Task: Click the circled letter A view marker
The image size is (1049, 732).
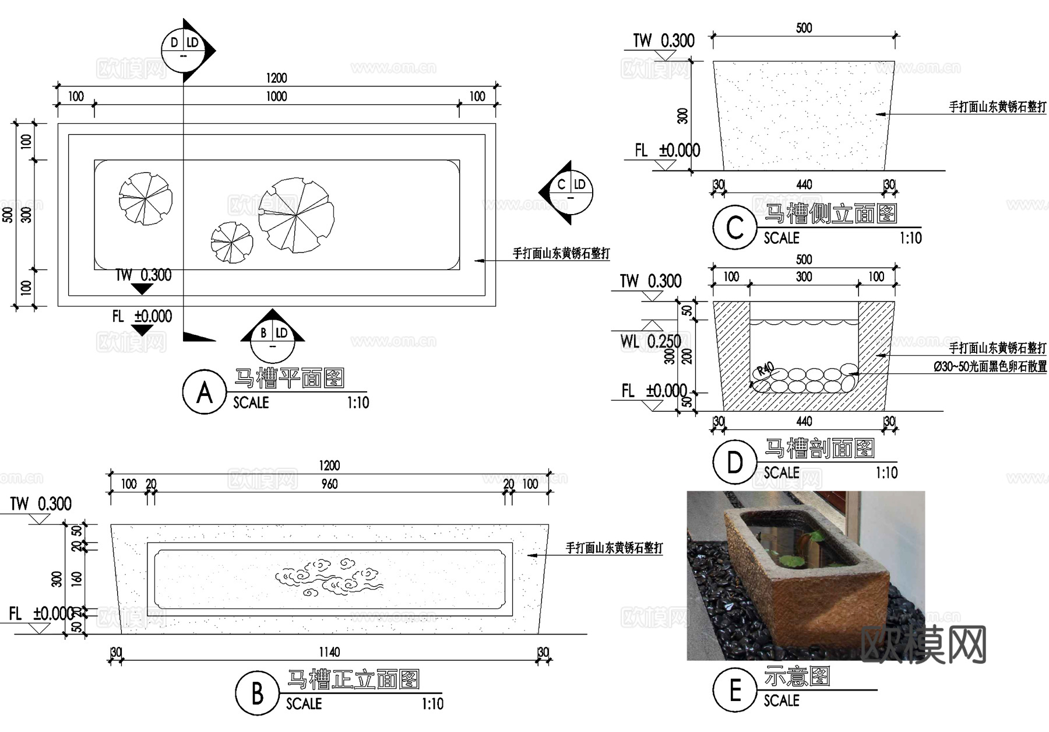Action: click(204, 392)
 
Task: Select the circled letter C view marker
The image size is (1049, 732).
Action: click(734, 227)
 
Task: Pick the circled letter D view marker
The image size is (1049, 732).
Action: click(734, 462)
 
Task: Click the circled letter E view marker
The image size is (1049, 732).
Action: click(734, 691)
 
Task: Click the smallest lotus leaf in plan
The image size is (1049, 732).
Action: click(232, 242)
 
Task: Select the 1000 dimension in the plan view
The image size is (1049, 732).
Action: click(276, 96)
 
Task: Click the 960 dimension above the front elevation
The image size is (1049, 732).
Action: click(329, 484)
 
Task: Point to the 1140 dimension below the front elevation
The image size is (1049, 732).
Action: click(329, 652)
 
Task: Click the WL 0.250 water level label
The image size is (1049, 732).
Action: click(650, 341)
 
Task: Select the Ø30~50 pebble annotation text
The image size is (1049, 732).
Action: click(990, 367)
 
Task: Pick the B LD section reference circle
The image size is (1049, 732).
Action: click(273, 340)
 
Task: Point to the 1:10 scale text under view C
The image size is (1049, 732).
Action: click(910, 238)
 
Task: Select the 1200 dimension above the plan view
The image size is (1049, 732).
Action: click(276, 78)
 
